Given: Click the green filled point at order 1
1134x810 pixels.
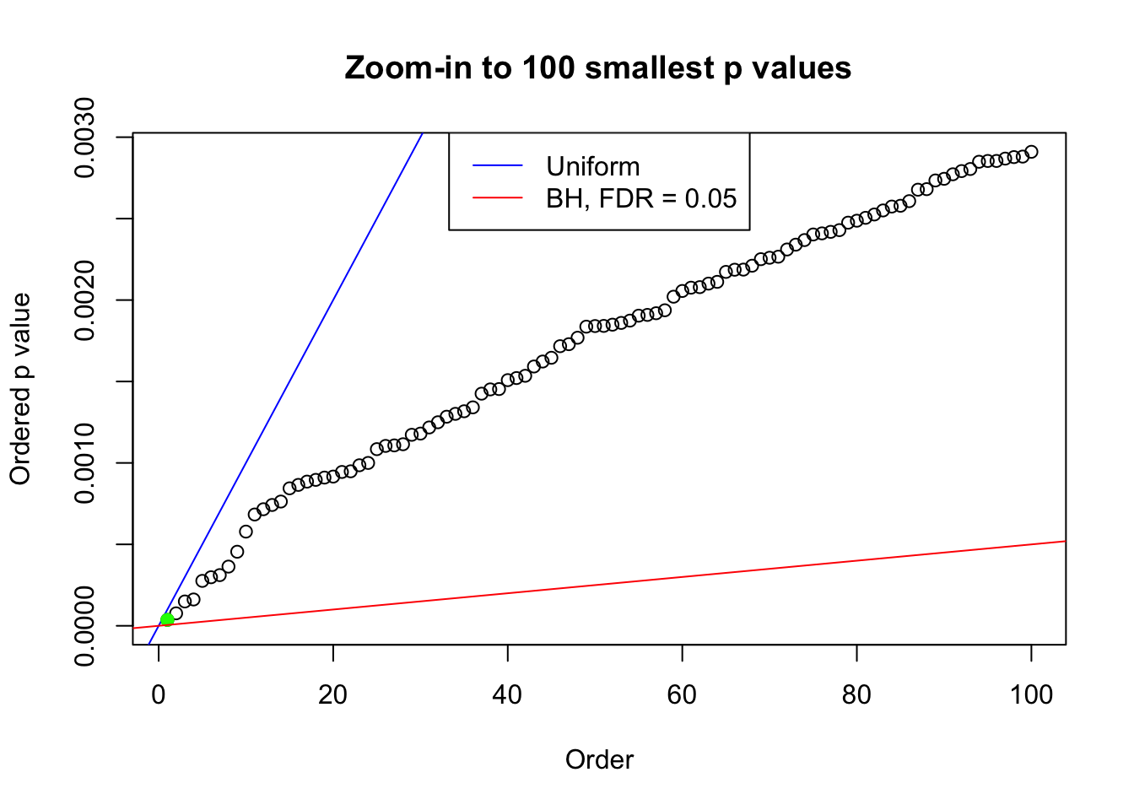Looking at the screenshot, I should [x=167, y=619].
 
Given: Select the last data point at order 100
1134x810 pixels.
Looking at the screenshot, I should [x=1031, y=152].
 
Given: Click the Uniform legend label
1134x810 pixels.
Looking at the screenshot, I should [x=592, y=166].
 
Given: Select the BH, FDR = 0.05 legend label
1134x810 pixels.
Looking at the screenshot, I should [x=641, y=198].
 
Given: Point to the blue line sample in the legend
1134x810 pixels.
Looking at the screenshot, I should [x=498, y=166].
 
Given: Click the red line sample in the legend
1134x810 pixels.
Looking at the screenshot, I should [x=498, y=198].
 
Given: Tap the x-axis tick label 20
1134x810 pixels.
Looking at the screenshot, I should [x=333, y=694].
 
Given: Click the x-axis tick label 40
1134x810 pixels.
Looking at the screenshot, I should [x=508, y=694].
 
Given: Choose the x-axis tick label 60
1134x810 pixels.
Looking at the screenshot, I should [x=683, y=694].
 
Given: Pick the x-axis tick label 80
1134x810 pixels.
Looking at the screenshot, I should [x=856, y=694].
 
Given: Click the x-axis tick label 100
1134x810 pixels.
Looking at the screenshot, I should [x=1031, y=694].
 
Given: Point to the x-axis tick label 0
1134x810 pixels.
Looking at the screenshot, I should [x=159, y=694].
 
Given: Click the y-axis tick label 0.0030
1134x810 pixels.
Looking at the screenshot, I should [x=85, y=138].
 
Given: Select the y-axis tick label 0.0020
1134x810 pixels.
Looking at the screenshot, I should [x=85, y=300].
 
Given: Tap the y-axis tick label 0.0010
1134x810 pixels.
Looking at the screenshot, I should [x=85, y=463].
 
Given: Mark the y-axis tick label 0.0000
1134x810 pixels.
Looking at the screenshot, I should [x=85, y=626].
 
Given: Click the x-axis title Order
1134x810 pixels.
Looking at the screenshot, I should [x=599, y=759].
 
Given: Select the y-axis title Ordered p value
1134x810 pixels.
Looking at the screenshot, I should [x=20, y=389].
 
